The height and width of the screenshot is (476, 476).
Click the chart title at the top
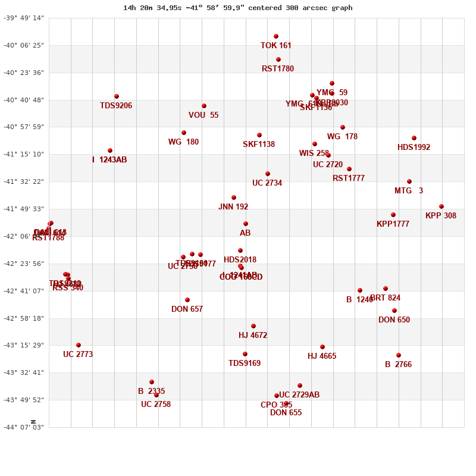(x=237, y=8)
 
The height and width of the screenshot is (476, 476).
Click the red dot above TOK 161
(x=276, y=36)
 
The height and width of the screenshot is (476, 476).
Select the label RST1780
(x=278, y=69)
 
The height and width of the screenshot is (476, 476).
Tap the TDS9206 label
(x=116, y=106)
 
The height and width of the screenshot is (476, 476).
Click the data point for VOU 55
(x=204, y=106)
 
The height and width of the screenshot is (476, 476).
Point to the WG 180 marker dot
(x=184, y=133)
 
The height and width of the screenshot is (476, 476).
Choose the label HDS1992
(x=414, y=148)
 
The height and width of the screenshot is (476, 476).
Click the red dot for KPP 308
(x=441, y=206)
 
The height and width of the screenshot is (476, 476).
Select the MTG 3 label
(x=409, y=191)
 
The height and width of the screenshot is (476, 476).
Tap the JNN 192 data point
(x=234, y=198)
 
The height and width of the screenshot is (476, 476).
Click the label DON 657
(x=187, y=309)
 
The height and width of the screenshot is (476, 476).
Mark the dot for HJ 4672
(x=253, y=326)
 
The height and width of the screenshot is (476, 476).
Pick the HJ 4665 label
(x=322, y=356)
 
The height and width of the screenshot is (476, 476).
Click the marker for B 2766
(x=399, y=355)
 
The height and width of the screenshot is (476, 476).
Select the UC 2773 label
(x=78, y=355)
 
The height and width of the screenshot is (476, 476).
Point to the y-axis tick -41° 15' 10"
(x=24, y=154)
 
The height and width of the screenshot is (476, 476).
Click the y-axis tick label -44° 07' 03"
(x=24, y=427)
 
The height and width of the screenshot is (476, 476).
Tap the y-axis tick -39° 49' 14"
(x=24, y=18)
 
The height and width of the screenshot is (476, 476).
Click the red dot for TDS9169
(x=245, y=354)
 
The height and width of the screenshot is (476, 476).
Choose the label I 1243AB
(x=109, y=160)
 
